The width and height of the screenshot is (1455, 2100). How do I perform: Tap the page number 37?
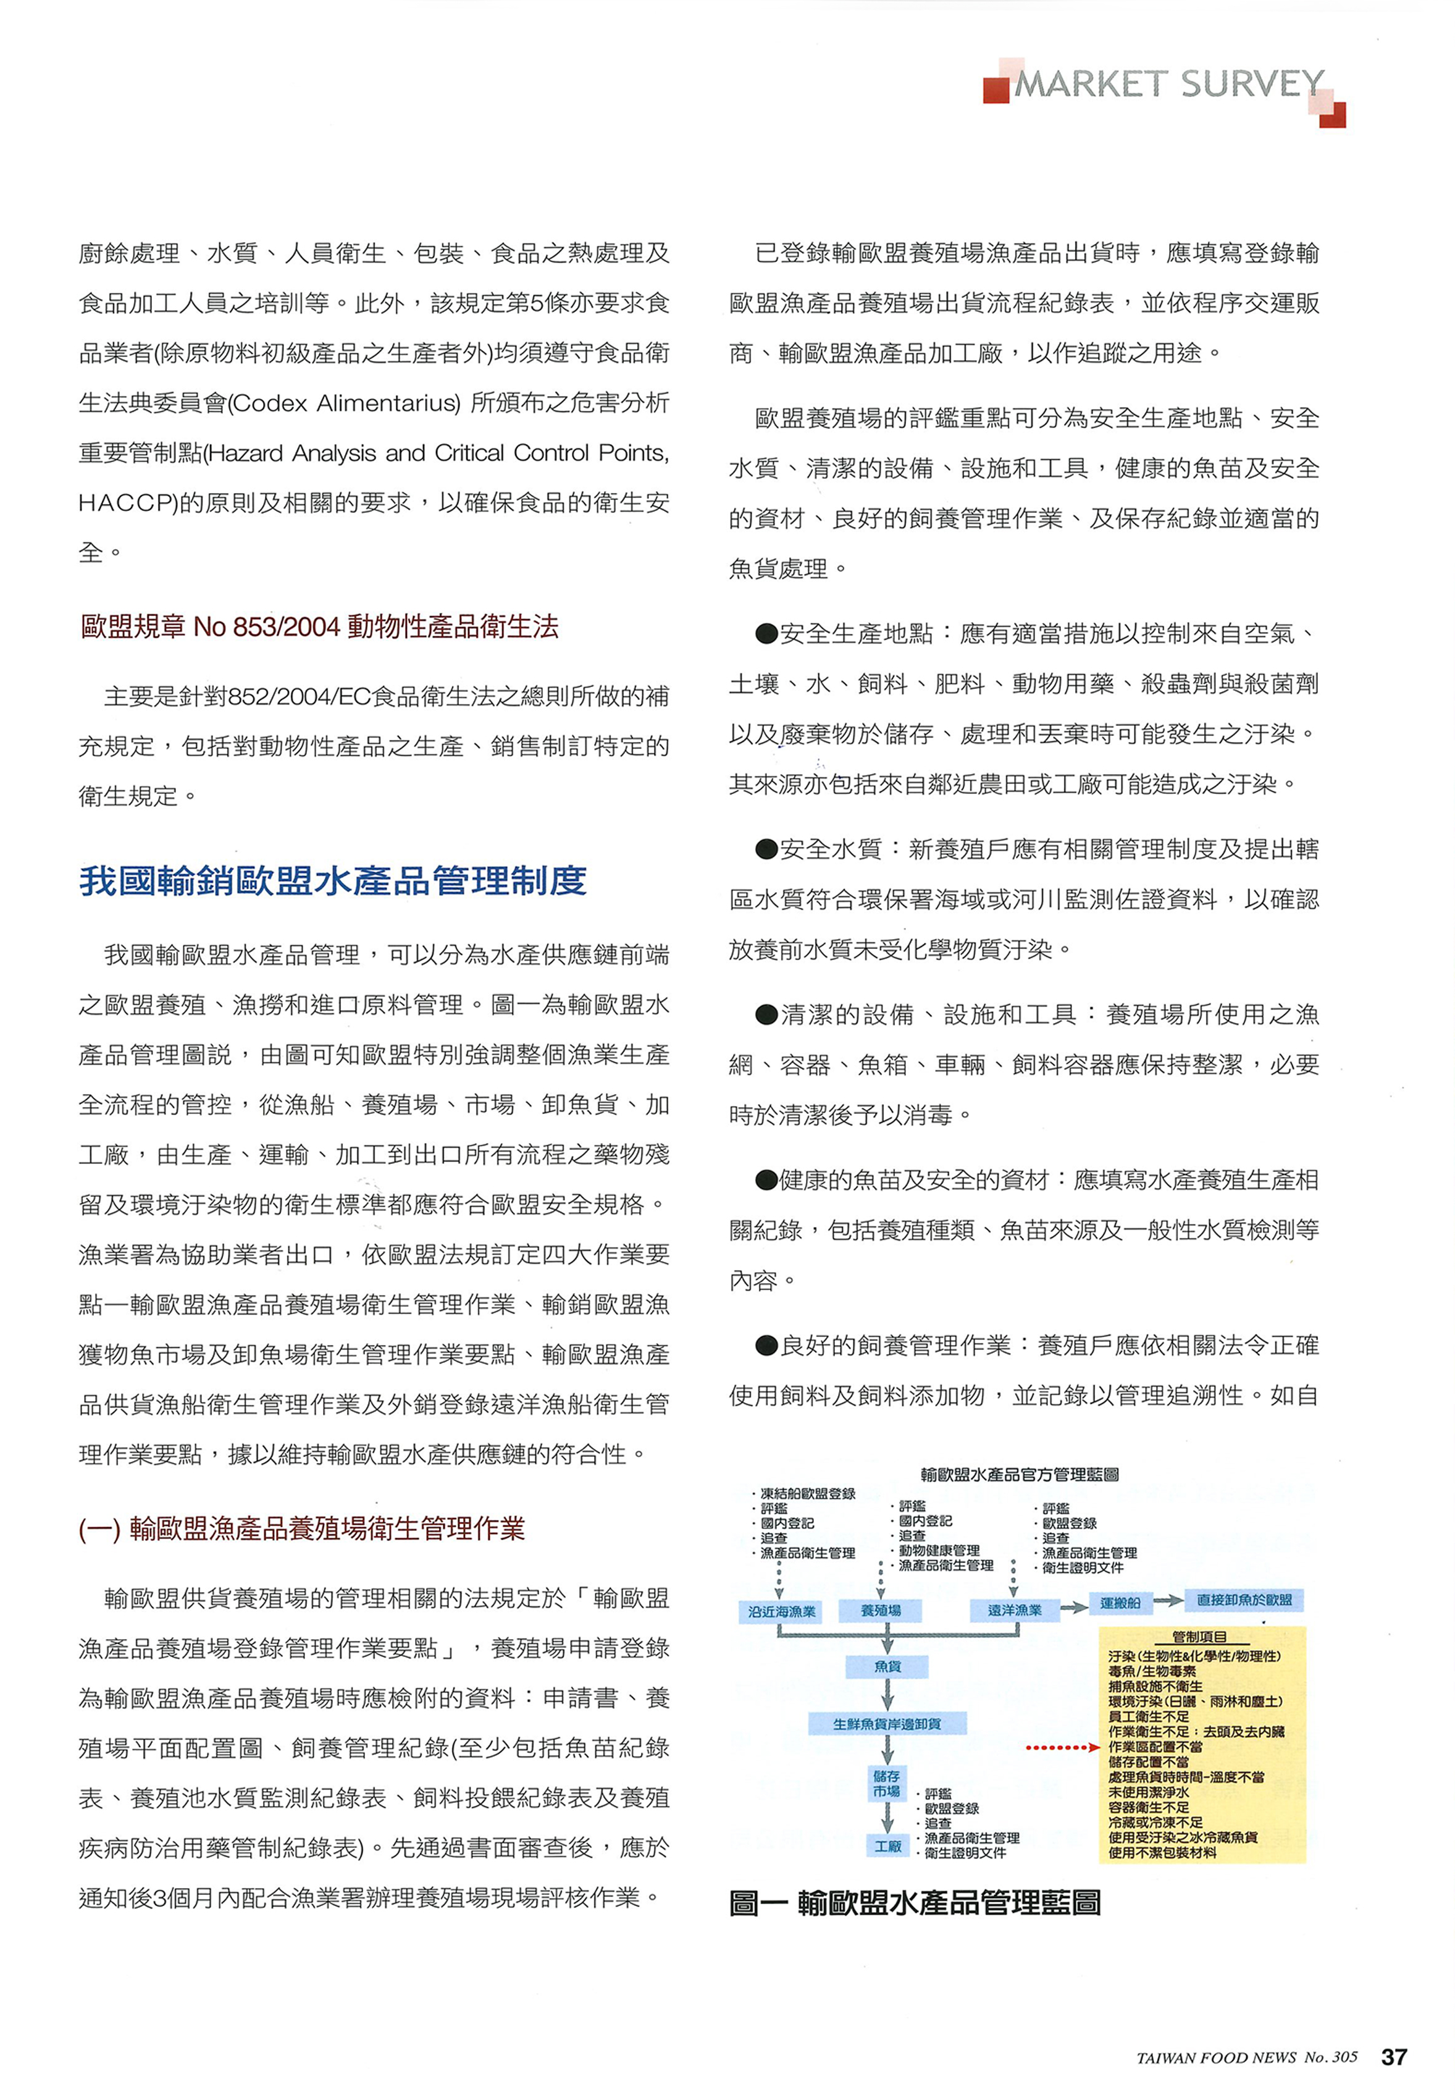[x=1393, y=2056]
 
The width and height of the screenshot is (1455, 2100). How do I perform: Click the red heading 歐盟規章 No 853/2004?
[x=319, y=626]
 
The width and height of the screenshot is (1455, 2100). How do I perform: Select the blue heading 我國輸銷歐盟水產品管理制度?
[x=333, y=881]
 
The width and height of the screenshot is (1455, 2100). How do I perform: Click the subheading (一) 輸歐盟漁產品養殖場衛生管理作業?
[x=302, y=1529]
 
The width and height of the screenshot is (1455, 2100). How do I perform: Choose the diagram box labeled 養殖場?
[x=881, y=1610]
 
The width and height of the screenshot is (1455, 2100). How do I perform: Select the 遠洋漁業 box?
[x=1014, y=1610]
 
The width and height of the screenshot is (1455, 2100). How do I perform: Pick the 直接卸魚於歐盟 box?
[x=1244, y=1600]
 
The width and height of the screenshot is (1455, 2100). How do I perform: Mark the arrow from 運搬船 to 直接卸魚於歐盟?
[x=1168, y=1601]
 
